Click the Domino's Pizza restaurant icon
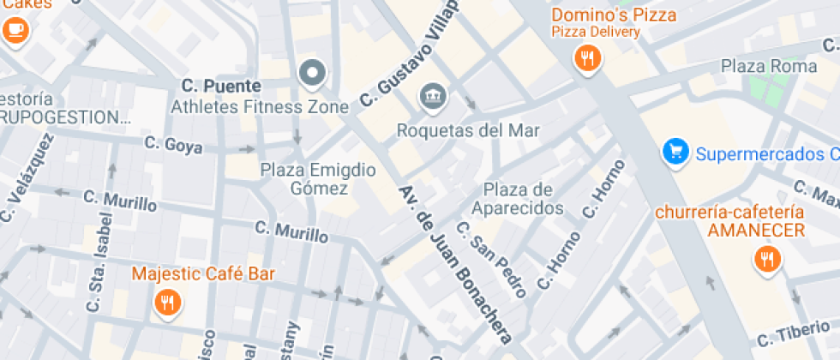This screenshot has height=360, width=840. (587, 58)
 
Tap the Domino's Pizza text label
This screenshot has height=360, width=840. (613, 15)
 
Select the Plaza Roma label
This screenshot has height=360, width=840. (758, 65)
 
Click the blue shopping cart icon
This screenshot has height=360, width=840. (676, 153)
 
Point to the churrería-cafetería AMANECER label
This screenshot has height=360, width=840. (730, 221)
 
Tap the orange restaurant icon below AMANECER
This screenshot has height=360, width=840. (766, 258)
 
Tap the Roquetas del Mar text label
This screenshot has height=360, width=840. (468, 130)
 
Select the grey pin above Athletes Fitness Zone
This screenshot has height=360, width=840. (312, 74)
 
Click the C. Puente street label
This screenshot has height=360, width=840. (222, 86)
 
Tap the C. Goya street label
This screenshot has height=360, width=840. (173, 145)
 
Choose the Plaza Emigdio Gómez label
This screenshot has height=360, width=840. (318, 178)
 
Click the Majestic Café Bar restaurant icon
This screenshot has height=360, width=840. (167, 302)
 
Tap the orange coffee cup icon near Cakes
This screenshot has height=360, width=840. (15, 30)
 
